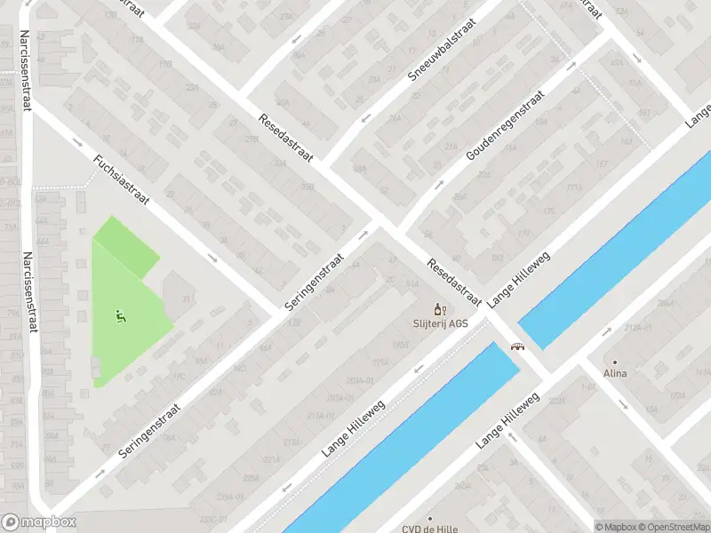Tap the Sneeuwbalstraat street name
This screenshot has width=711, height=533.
(442, 51)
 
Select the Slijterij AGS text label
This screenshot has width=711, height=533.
(439, 323)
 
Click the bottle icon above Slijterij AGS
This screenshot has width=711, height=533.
(437, 309)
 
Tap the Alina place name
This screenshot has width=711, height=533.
(614, 373)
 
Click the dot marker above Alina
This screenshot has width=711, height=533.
(613, 362)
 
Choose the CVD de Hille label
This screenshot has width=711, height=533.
(430, 529)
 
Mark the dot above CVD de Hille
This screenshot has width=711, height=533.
(430, 517)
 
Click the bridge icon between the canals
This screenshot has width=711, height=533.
(516, 347)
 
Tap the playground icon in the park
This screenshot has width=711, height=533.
(120, 314)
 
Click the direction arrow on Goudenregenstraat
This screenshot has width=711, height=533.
(438, 186)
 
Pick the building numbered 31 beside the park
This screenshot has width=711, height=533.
(186, 298)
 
